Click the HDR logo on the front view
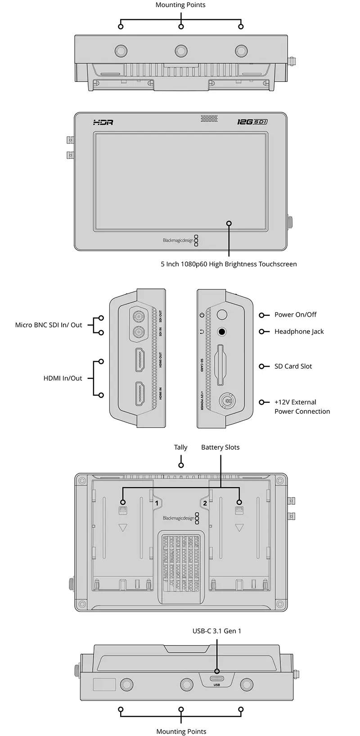pyautogui.click(x=103, y=122)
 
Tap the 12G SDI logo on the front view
pyautogui.click(x=252, y=122)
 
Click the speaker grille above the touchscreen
pyautogui.click(x=209, y=119)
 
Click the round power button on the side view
pyautogui.click(x=221, y=314)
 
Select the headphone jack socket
pyautogui.click(x=221, y=332)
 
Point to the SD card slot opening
pyautogui.click(x=221, y=365)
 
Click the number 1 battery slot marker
pyautogui.click(x=157, y=503)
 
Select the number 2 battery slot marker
pyautogui.click(x=205, y=503)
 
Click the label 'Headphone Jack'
pyautogui.click(x=299, y=332)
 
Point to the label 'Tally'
pyautogui.click(x=180, y=447)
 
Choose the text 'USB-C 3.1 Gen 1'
pyautogui.click(x=217, y=631)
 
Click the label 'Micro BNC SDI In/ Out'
pyautogui.click(x=49, y=325)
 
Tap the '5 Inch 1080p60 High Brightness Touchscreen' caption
pyautogui.click(x=229, y=264)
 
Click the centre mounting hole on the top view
pyautogui.click(x=181, y=49)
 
